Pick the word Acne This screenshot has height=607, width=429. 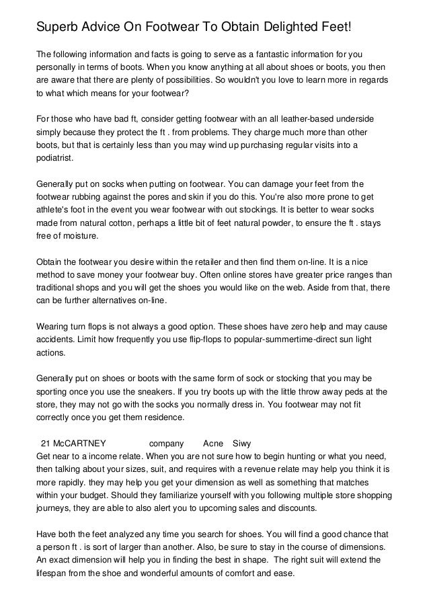coord(212,444)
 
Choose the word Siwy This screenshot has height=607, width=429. coord(241,444)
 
